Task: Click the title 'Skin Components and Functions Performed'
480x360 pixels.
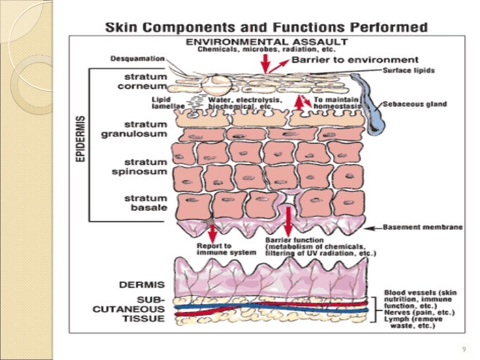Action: click(x=267, y=29)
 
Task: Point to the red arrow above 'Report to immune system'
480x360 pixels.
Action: click(x=212, y=233)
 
